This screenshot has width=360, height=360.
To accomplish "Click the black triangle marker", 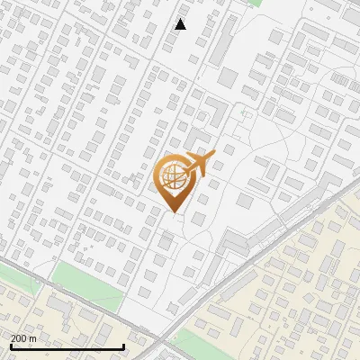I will [x=181, y=24].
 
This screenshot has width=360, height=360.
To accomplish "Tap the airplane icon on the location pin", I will [x=197, y=164].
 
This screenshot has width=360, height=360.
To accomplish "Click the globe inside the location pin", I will [x=172, y=177].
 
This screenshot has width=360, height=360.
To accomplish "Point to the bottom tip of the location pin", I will [x=173, y=212].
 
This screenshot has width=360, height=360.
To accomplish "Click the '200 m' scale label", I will [x=23, y=337].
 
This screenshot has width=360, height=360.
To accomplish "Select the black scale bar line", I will [x=67, y=346].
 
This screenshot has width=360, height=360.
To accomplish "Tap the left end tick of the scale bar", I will [x=11, y=346].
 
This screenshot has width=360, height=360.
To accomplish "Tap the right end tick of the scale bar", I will [x=122, y=346].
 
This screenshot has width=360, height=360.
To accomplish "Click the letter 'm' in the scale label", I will [x=32, y=337].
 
